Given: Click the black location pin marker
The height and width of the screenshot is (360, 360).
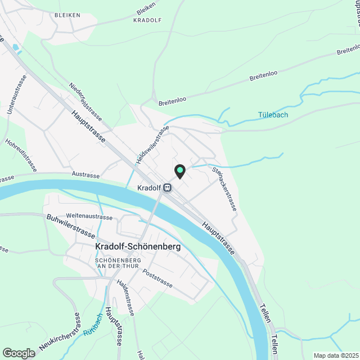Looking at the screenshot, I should [x=180, y=171].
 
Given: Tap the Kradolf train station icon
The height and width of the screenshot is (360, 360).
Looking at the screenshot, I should [x=167, y=188].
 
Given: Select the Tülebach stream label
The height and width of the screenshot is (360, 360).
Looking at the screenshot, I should [x=273, y=115].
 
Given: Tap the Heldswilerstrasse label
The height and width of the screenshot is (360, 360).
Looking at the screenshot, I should [x=152, y=146].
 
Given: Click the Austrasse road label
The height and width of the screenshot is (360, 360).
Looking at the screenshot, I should [x=85, y=175].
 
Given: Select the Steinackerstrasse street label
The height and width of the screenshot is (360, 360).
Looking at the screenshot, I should [x=224, y=188].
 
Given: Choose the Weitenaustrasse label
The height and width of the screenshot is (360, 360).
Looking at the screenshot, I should [x=89, y=215].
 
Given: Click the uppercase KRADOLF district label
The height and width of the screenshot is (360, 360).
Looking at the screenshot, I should [x=147, y=20].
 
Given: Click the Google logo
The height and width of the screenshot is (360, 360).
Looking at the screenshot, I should [x=19, y=353].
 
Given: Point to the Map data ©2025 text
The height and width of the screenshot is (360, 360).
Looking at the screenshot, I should [x=335, y=355].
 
